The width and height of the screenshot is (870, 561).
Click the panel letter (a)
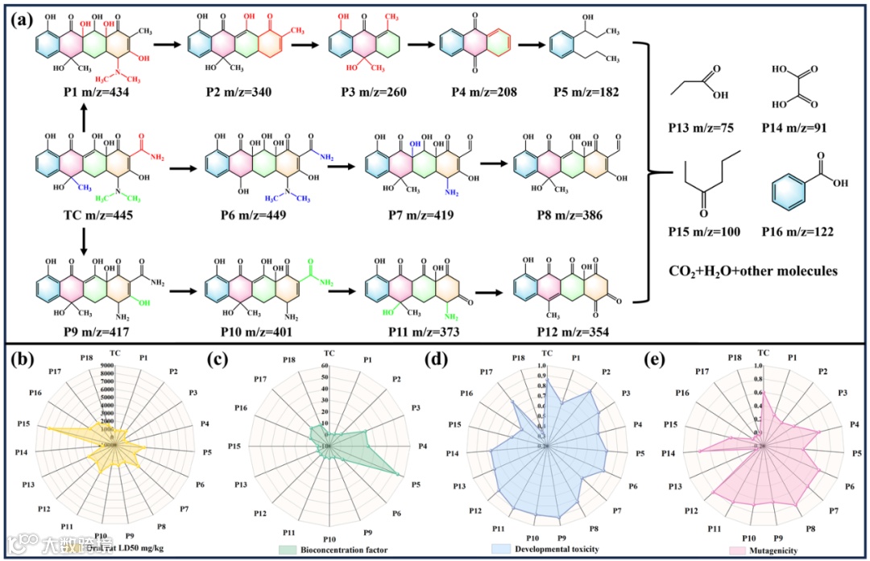pos(23,18)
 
